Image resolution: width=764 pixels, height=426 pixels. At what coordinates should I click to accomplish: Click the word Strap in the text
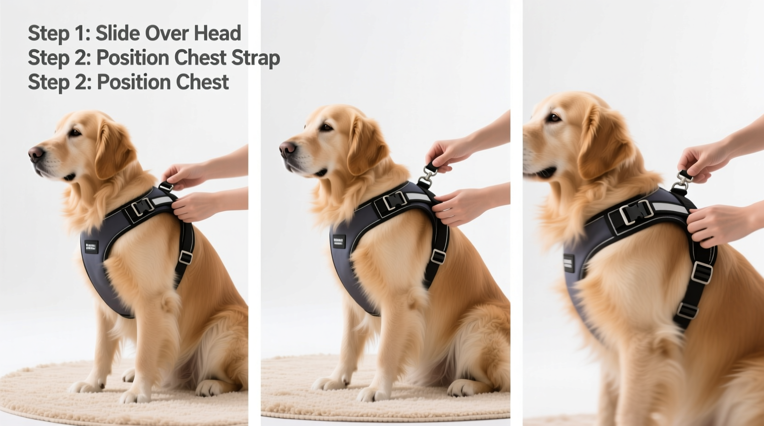(255, 58)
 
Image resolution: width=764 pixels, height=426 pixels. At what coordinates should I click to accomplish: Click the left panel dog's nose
(35, 153)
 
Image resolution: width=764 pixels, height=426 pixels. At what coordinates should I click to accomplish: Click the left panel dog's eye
(74, 133)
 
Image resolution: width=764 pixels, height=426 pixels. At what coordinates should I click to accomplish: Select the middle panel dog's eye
(326, 127)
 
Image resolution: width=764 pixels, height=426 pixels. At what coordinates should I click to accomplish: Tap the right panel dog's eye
(554, 118)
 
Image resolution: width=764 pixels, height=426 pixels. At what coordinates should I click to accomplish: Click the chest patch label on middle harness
(339, 241)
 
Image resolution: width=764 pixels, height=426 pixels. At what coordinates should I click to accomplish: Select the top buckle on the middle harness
(394, 201)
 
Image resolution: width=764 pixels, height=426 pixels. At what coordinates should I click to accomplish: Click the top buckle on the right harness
(636, 212)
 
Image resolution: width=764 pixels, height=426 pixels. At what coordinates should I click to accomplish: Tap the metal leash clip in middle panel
(427, 174)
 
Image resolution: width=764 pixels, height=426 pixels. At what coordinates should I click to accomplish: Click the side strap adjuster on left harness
(185, 257)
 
